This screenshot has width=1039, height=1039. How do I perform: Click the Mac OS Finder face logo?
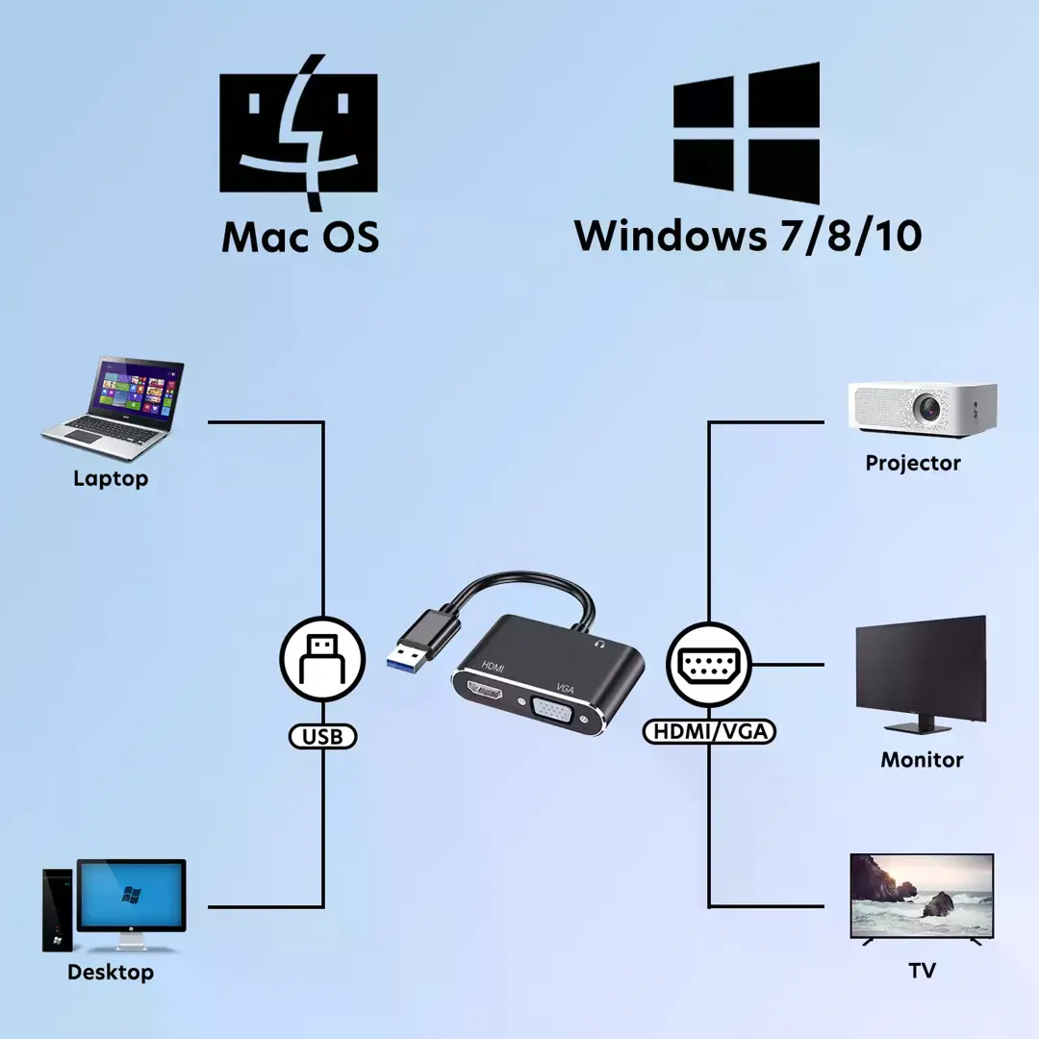tap(298, 133)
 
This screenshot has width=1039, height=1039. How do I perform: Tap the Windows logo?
tap(747, 133)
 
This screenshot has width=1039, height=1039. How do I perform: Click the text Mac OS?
tap(300, 237)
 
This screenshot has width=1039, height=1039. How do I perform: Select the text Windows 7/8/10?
tap(748, 236)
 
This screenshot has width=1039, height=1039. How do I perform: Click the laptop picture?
tap(114, 408)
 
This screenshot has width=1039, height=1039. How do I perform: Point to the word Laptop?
tap(111, 478)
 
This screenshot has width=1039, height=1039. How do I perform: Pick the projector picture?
tap(923, 409)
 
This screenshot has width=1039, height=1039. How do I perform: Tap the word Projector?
tap(913, 463)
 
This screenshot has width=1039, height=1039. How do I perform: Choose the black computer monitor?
tap(921, 673)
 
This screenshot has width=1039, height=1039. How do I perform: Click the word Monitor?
tap(922, 759)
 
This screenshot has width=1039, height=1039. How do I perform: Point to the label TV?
tap(923, 970)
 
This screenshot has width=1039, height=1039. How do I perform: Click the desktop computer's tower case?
tap(57, 910)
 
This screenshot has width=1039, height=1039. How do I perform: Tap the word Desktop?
tap(111, 972)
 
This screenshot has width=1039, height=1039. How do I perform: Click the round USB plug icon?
tap(322, 659)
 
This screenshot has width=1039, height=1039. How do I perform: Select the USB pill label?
tap(322, 736)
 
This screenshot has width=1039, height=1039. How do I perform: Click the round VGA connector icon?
tap(709, 665)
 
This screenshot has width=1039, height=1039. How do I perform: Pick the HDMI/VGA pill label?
tap(710, 731)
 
